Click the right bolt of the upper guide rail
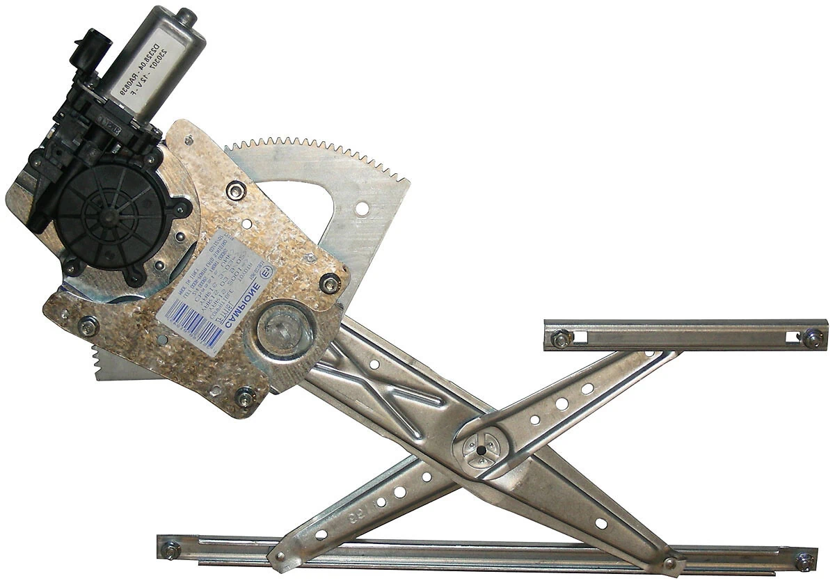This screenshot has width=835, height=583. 813,338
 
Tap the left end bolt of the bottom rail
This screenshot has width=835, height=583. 170,548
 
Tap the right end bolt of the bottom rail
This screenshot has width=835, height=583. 805,559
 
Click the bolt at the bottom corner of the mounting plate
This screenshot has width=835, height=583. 244,399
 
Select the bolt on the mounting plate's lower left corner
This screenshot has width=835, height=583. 88,326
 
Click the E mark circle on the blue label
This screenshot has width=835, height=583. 264,270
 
